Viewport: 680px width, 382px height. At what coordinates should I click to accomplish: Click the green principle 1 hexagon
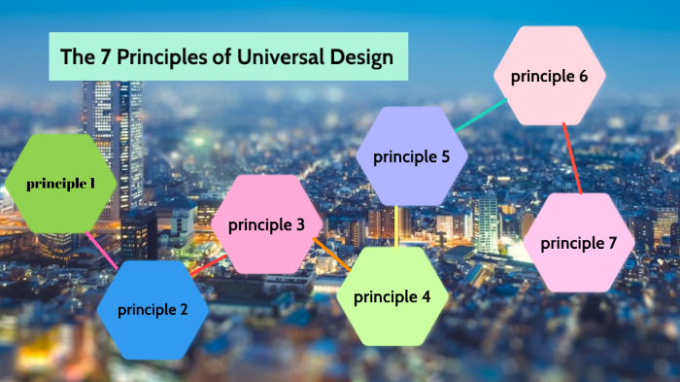(60, 183)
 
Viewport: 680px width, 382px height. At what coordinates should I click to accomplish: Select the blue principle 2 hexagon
(153, 310)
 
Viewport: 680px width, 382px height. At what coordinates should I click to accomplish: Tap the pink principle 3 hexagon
(266, 225)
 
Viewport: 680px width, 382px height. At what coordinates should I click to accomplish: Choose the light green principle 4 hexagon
(391, 296)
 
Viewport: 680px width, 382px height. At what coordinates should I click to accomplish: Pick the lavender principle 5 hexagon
(411, 156)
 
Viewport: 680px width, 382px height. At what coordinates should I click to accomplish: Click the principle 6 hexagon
(549, 76)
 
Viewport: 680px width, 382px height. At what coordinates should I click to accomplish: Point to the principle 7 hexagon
(579, 243)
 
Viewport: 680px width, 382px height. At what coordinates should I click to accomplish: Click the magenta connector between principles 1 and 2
(102, 249)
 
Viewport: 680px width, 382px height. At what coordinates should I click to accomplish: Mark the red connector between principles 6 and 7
(571, 159)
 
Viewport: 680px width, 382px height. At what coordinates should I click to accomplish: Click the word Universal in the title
(280, 56)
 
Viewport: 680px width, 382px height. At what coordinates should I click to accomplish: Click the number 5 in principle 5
(444, 156)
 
